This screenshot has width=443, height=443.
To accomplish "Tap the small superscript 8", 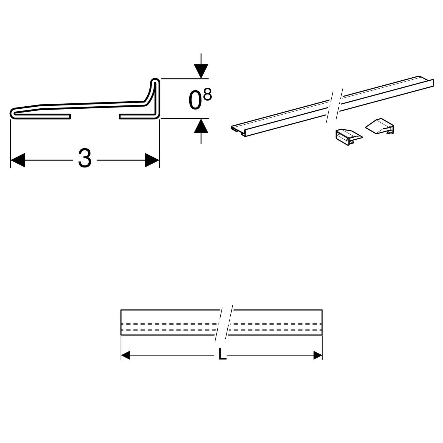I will (208, 95).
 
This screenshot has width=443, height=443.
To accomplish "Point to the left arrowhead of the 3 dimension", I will (18, 160).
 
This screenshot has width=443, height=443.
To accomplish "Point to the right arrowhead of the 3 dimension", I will (152, 160).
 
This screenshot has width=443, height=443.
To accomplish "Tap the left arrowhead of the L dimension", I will (126, 355).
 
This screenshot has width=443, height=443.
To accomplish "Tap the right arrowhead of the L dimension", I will (318, 355).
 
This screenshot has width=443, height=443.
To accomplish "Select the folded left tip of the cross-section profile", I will (12, 113).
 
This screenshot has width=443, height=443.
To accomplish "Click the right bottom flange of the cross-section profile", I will (136, 117).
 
